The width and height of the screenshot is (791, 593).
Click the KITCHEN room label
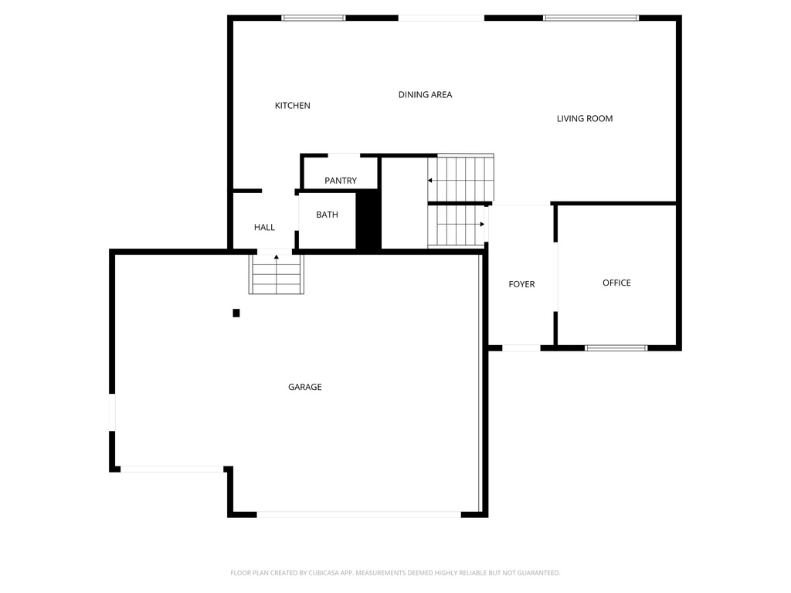coord(293,106)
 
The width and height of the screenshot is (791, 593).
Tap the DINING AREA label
coord(425,95)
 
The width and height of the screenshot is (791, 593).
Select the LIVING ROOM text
coord(585,119)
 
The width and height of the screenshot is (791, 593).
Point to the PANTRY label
coord(341,181)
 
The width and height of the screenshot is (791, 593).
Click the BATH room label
coord(327,215)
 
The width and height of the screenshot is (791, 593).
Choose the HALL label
coord(264,228)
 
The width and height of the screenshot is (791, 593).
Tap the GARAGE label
coord(305,387)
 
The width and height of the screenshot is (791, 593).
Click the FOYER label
coord(521,284)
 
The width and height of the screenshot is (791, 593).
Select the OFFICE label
coord(616,283)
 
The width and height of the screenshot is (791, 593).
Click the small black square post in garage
coord(236,313)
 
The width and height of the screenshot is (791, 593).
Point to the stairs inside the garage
coord(276,274)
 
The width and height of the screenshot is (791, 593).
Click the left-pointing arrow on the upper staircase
coord(430,181)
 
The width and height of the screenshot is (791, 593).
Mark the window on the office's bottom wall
coord(616,348)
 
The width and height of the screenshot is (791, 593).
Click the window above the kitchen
coord(313,18)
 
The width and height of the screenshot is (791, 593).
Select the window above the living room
coord(591,18)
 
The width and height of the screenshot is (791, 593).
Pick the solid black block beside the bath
coord(368,219)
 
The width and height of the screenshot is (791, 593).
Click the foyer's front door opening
coord(521,348)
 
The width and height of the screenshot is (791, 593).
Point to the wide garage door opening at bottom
coord(358,514)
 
